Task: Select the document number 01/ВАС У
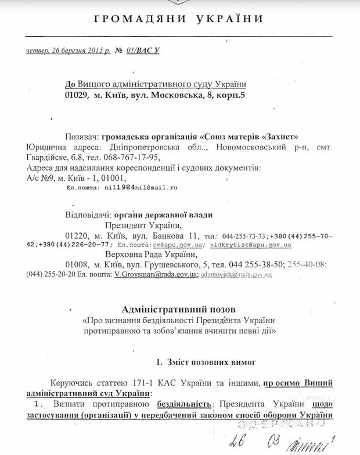click(x=143, y=51)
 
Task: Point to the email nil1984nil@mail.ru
click(x=140, y=188)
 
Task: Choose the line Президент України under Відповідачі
click(x=143, y=225)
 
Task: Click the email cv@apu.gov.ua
click(x=171, y=245)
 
